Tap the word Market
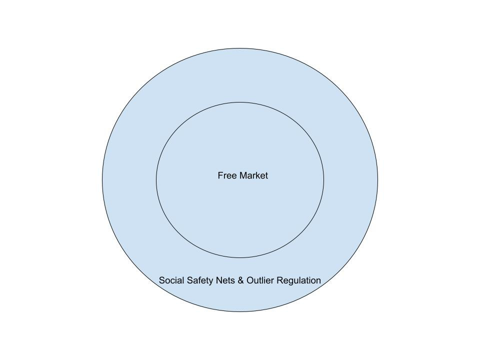pyautogui.click(x=253, y=175)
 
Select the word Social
pyautogui.click(x=171, y=280)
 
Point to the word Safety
pyautogui.click(x=200, y=280)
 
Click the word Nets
pyautogui.click(x=225, y=280)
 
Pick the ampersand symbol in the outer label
pyautogui.click(x=240, y=280)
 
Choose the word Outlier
pyautogui.click(x=260, y=280)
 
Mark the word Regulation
pyautogui.click(x=298, y=280)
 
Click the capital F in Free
pyautogui.click(x=220, y=175)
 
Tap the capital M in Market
pyautogui.click(x=243, y=175)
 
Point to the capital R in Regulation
pyautogui.click(x=279, y=280)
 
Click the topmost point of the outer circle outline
pyautogui.click(x=240, y=48)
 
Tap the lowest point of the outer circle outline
pyautogui.click(x=240, y=311)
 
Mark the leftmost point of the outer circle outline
pyautogui.click(x=102, y=180)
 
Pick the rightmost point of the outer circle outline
pyautogui.click(x=377, y=180)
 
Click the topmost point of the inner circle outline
pyautogui.click(x=240, y=102)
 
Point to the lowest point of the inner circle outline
pyautogui.click(x=240, y=257)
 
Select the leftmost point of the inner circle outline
pyautogui.click(x=156, y=180)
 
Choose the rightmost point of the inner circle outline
pyautogui.click(x=324, y=180)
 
